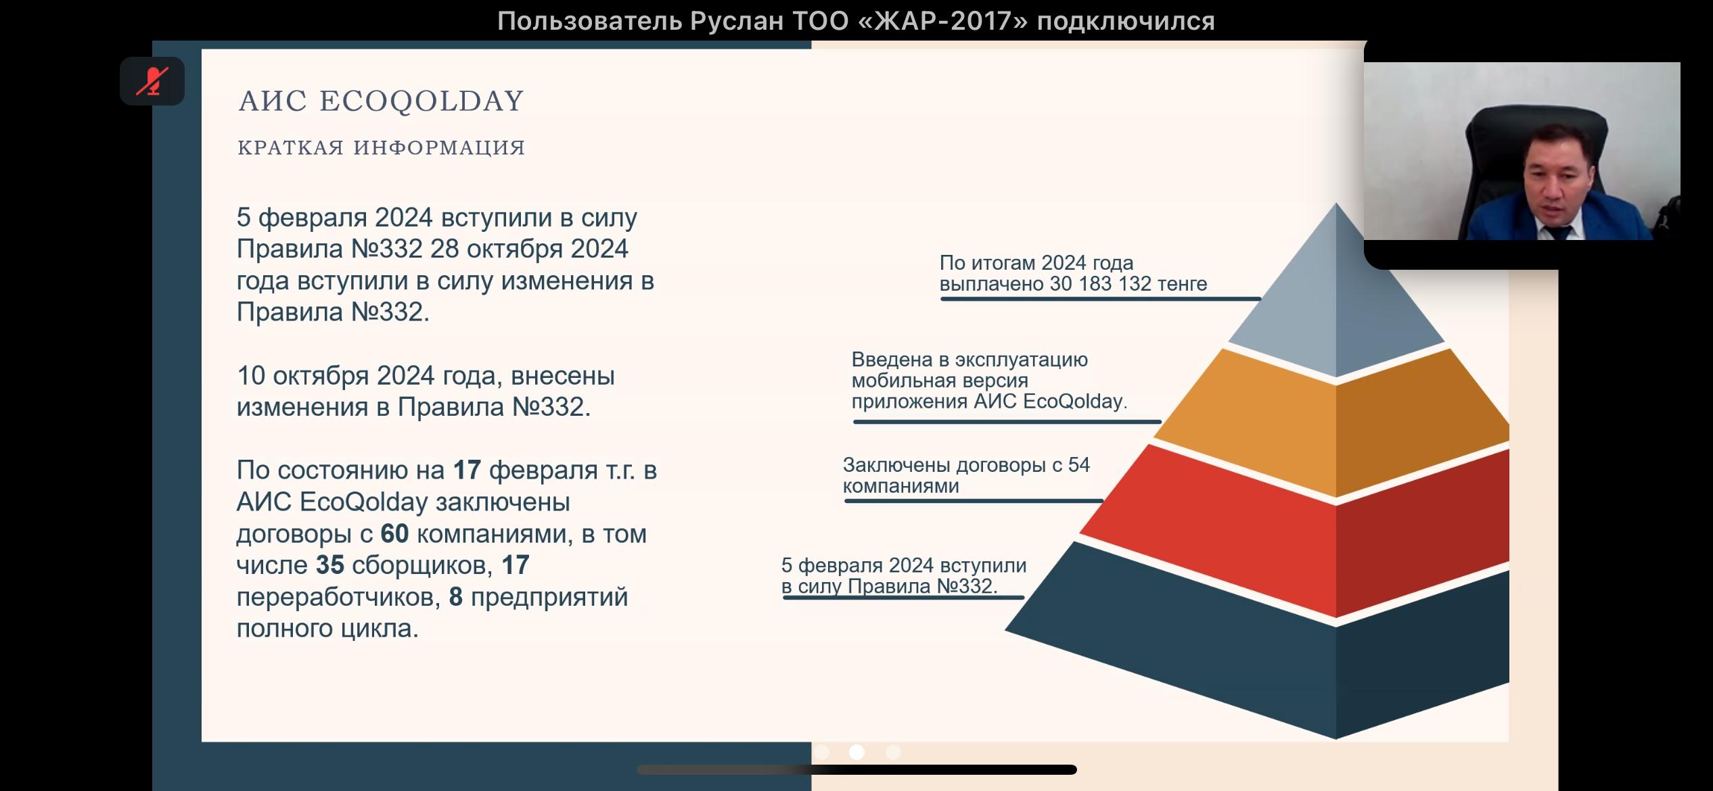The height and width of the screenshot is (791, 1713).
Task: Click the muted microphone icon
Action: (x=152, y=81)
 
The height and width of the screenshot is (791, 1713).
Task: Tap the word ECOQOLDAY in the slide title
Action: (x=421, y=101)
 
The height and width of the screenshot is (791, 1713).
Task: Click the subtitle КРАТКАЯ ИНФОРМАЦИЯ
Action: (x=382, y=147)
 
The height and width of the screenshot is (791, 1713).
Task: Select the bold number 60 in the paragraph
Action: (x=394, y=533)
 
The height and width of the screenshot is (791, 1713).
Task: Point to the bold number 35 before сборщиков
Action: (x=330, y=565)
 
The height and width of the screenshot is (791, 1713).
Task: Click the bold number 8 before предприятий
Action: (x=456, y=596)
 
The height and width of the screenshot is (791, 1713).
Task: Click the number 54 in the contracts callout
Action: (x=1078, y=465)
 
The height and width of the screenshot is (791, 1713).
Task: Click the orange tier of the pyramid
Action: (x=1336, y=426)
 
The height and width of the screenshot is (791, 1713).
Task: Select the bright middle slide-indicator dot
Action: (x=856, y=752)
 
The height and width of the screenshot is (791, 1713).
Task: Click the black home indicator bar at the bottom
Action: (x=856, y=769)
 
